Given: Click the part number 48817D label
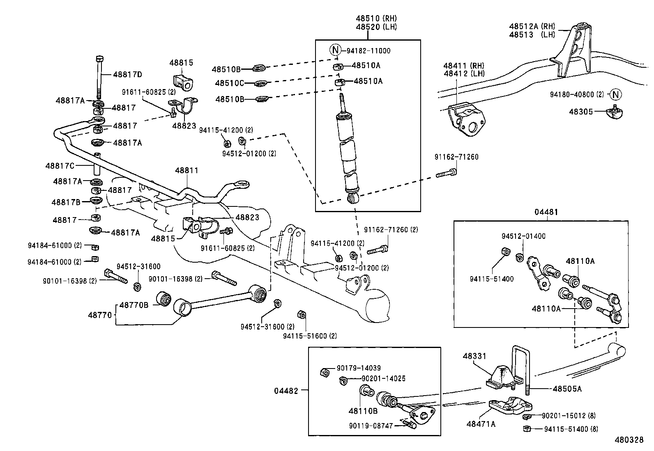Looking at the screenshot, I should coord(127,74).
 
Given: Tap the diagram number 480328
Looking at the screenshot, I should coord(629,440).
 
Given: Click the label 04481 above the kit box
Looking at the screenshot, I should coord(546,212).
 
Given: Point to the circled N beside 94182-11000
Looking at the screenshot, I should coord(335,50).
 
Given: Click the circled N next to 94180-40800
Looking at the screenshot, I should coord(615,94).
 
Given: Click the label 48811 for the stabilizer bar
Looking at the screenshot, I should coord(187,170).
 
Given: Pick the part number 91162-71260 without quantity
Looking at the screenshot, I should coord(456,157).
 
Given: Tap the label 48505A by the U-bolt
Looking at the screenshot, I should coord(567,389).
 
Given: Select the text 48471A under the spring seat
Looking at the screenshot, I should coord(481,424).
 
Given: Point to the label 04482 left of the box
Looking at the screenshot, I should coord(286,391).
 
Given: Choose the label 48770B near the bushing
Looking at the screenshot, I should coord(134,305).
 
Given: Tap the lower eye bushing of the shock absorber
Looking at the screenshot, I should coord(352,199).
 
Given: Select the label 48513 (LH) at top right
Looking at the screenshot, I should coord(532,35).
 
